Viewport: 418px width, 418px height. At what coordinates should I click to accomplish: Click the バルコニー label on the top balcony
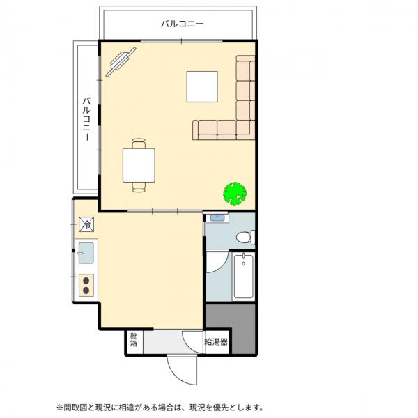pyautogui.click(x=183, y=24)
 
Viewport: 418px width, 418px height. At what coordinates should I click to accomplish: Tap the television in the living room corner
pyautogui.click(x=120, y=62)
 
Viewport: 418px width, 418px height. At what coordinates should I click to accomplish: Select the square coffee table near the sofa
pyautogui.click(x=203, y=87)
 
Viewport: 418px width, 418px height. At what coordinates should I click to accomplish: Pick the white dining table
pyautogui.click(x=138, y=166)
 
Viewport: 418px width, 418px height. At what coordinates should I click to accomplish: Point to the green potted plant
pyautogui.click(x=235, y=193)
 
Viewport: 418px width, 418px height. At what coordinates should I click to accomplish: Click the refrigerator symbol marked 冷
pyautogui.click(x=86, y=224)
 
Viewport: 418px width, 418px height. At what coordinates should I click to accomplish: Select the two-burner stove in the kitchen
pyautogui.click(x=87, y=284)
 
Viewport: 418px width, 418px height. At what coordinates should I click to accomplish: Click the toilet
pyautogui.click(x=243, y=238)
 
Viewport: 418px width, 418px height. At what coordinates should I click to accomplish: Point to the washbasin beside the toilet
pyautogui.click(x=217, y=217)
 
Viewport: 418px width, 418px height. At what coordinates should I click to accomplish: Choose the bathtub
pyautogui.click(x=242, y=275)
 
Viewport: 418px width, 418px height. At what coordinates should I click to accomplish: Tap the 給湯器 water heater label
pyautogui.click(x=217, y=342)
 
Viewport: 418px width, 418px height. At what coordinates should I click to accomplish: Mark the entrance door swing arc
pyautogui.click(x=180, y=373)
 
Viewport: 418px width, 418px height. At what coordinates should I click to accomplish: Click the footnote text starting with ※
pyautogui.click(x=161, y=407)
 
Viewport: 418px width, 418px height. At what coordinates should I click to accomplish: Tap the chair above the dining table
pyautogui.click(x=138, y=145)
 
